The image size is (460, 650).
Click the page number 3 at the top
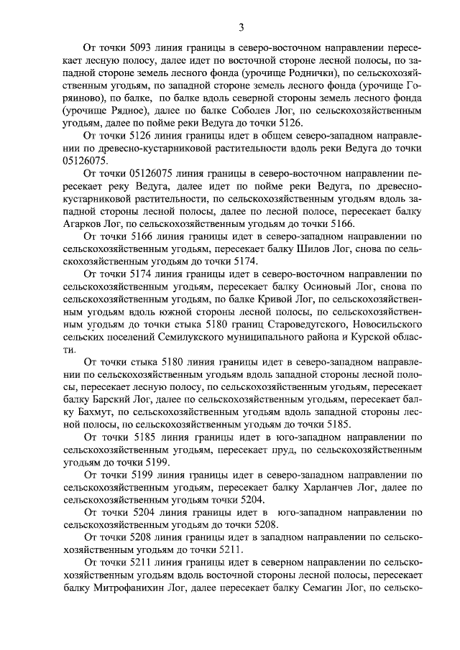(x=241, y=28)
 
